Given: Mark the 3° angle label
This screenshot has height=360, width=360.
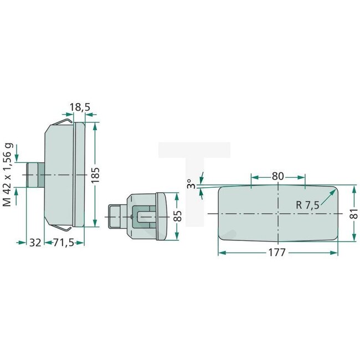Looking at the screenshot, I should coord(189,184).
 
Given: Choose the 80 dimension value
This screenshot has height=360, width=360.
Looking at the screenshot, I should coord(278,176).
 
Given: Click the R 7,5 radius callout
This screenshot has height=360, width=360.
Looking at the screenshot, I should coord(307,205).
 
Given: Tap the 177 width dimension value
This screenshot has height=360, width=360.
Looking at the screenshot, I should coord(277,253).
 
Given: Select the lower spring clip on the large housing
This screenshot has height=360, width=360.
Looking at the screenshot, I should coord(62,227).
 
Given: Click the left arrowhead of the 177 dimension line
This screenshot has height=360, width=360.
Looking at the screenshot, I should coord(221,253).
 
